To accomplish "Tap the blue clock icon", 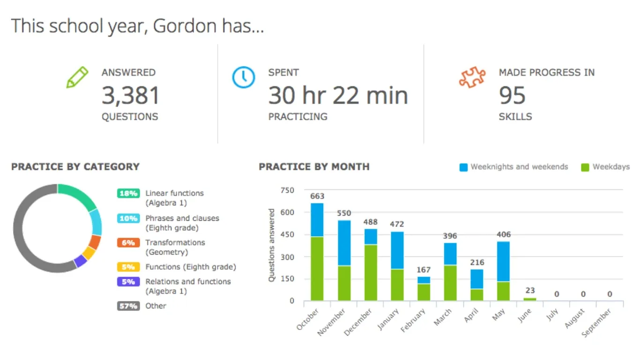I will click(x=244, y=77).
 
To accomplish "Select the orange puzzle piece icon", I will click(x=472, y=78).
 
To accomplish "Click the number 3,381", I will click(x=131, y=96).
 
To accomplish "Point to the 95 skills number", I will click(x=512, y=96).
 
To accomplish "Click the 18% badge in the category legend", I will click(x=128, y=193).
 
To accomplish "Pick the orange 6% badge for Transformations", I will click(x=128, y=243).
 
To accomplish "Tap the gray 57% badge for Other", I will click(x=128, y=306).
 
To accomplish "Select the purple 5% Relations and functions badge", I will click(x=128, y=282).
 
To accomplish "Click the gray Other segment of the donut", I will click(x=23, y=244).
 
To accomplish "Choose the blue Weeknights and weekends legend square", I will click(x=463, y=167).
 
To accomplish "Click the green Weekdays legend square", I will click(x=585, y=167).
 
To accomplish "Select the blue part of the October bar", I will click(x=317, y=219).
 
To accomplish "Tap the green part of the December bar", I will click(x=371, y=272).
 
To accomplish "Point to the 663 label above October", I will click(x=317, y=196).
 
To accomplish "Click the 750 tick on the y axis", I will click(x=287, y=190).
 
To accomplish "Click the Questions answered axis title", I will click(x=272, y=245).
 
